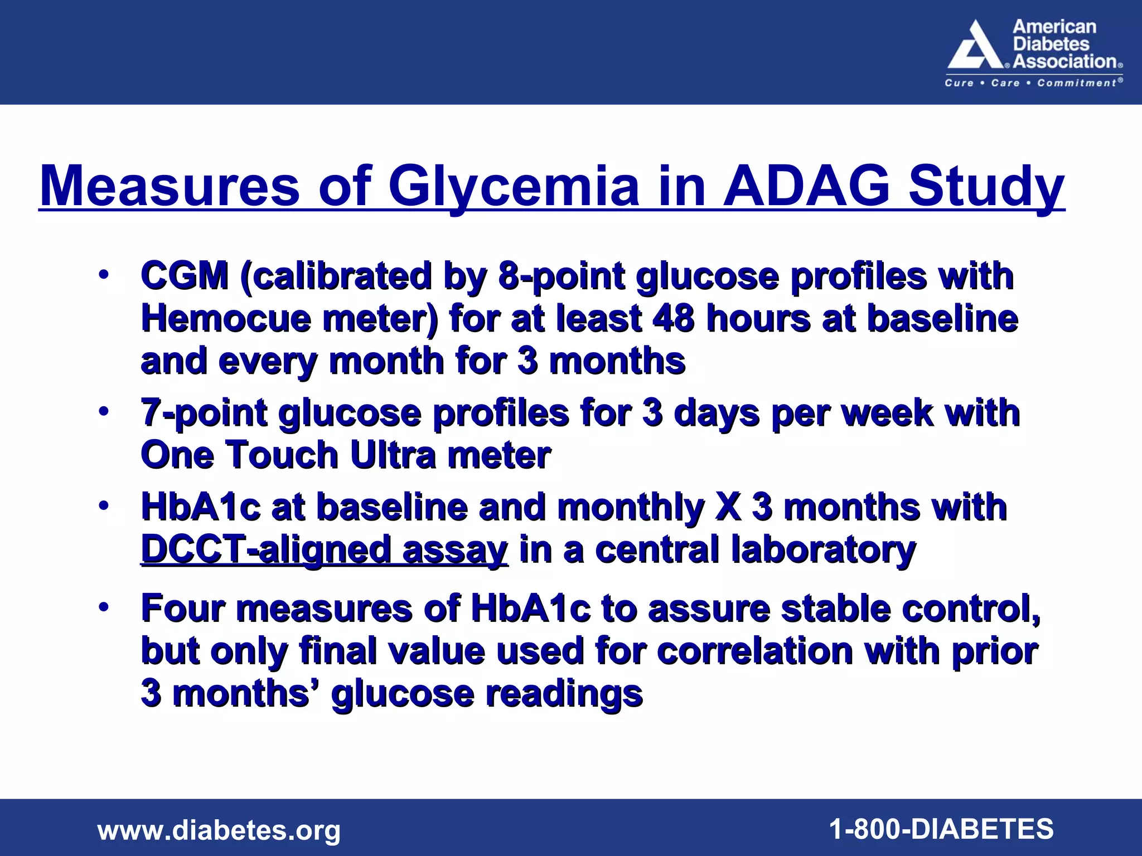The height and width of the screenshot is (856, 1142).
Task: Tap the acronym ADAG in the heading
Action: coord(806,186)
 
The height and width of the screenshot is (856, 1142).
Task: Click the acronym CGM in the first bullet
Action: coord(185,276)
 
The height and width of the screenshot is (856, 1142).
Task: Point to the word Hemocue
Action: coord(226,319)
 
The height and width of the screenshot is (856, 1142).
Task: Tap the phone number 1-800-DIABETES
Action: coord(942,829)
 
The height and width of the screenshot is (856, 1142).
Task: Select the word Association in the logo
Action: coord(1065,61)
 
